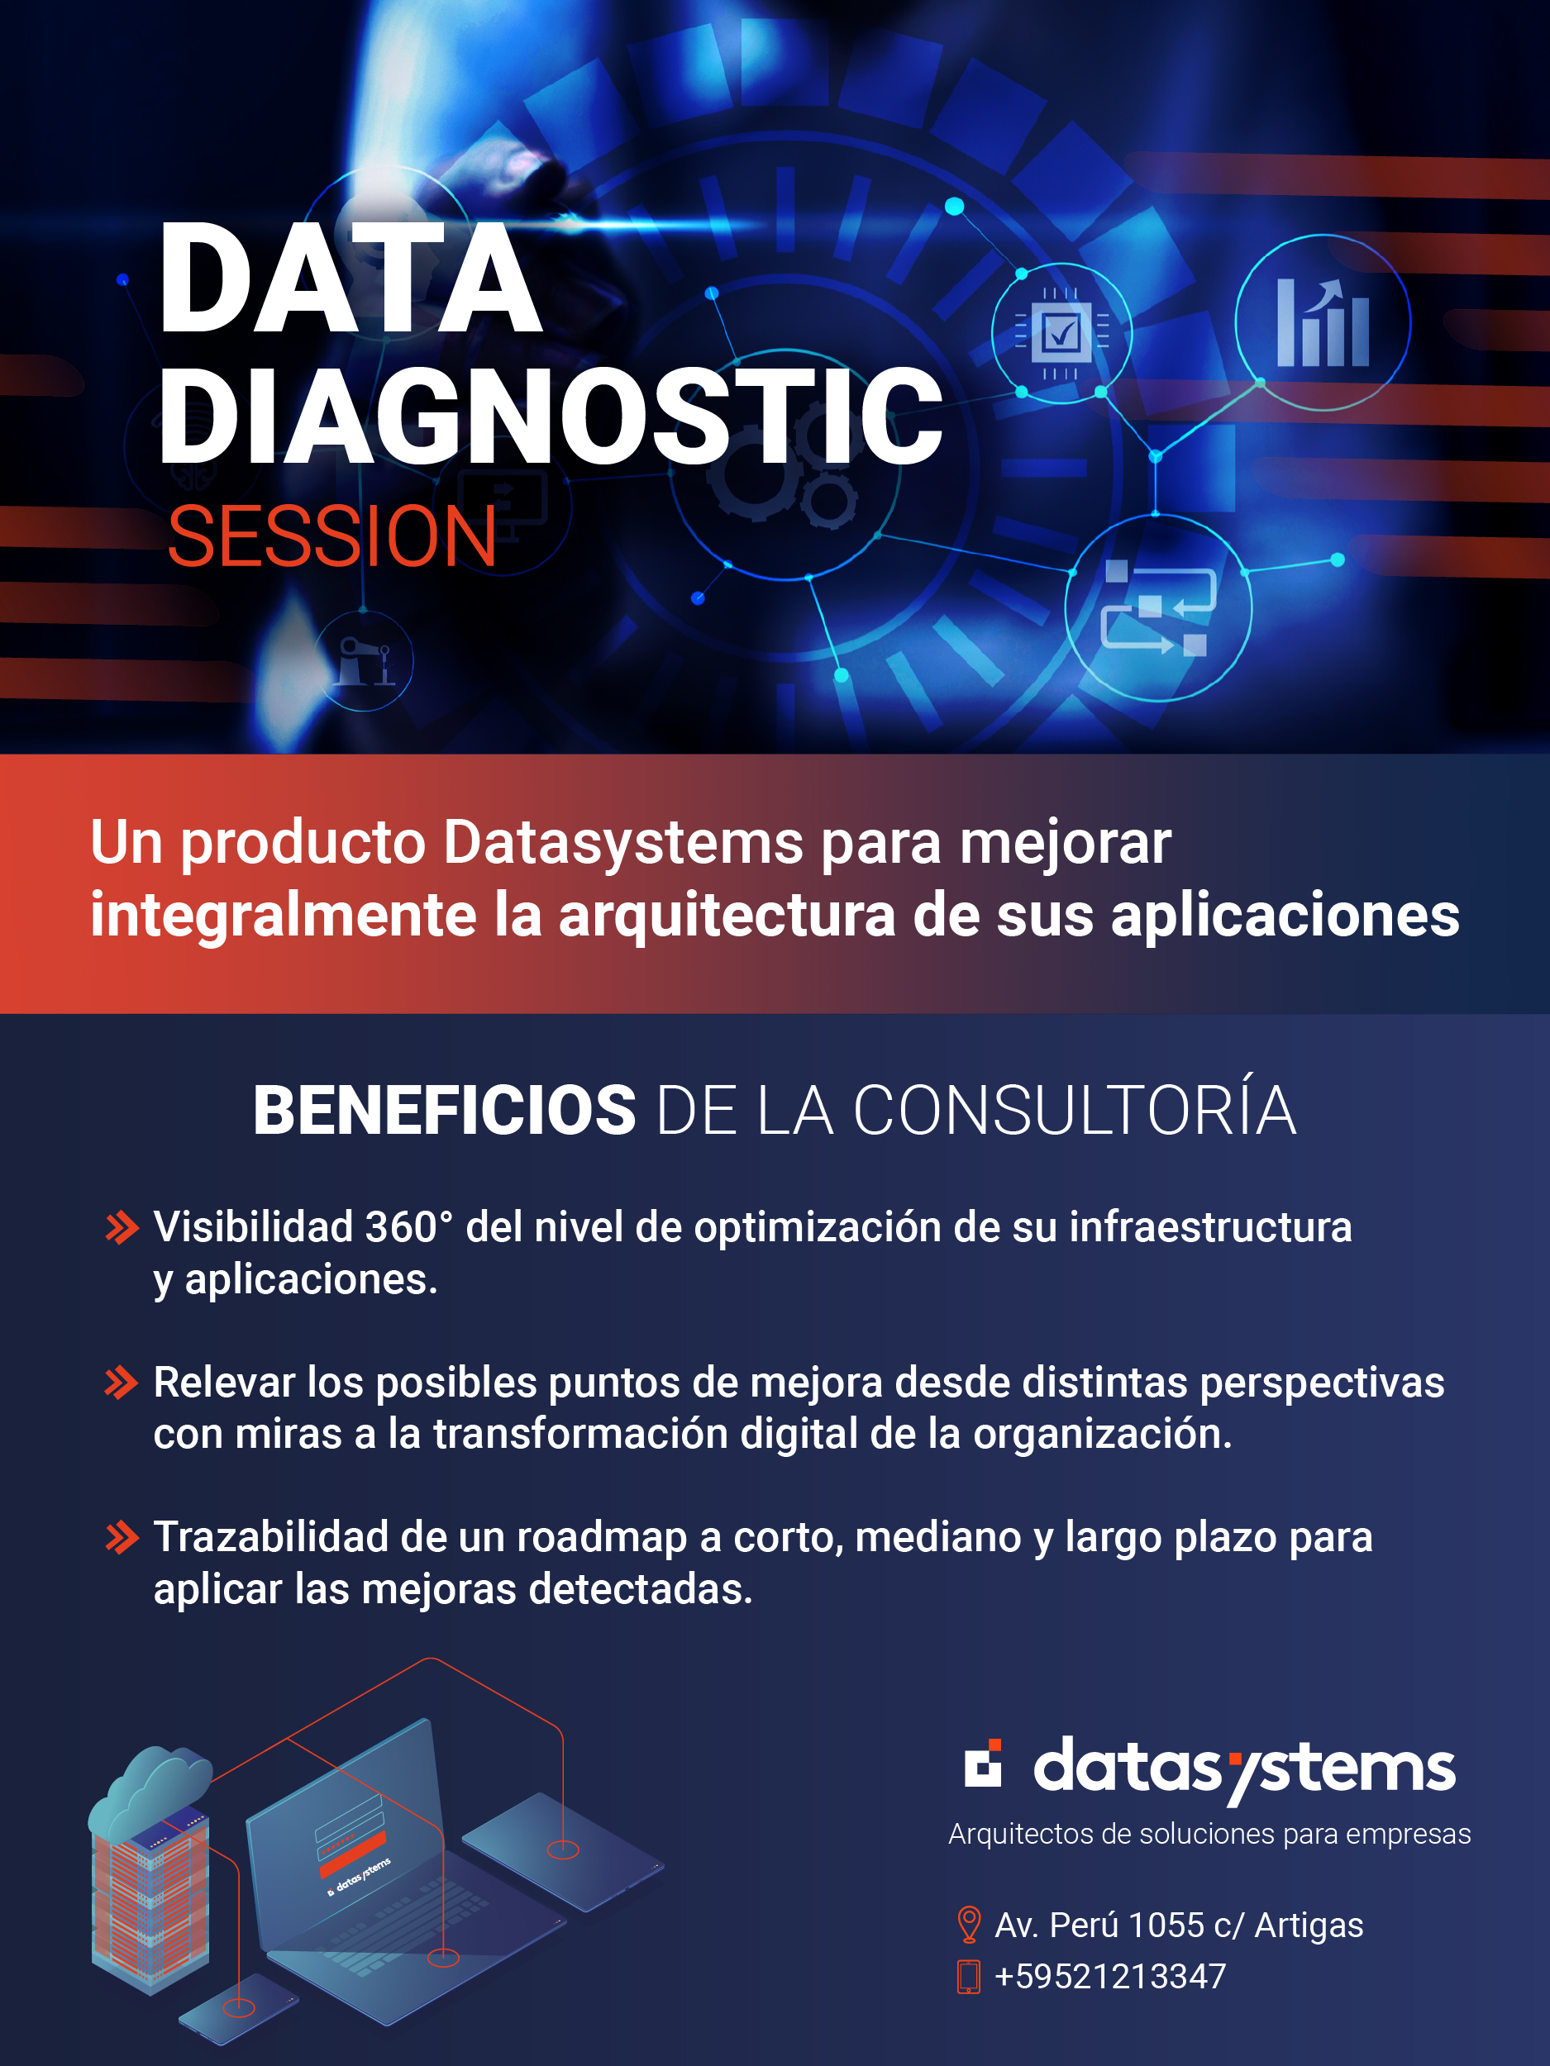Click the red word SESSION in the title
click(x=331, y=536)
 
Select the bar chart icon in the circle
click(x=1322, y=322)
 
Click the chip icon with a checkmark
click(x=1061, y=332)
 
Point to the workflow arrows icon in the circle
click(x=1157, y=608)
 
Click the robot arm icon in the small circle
click(x=364, y=661)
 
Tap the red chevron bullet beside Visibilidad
click(x=122, y=1227)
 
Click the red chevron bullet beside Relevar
click(x=122, y=1383)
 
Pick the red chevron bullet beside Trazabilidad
click(x=122, y=1537)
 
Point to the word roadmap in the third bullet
click(x=602, y=1537)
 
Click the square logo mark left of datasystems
click(x=983, y=1764)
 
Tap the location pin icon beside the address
click(x=969, y=1924)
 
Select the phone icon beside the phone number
click(x=969, y=1978)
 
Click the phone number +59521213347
click(x=1110, y=1978)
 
